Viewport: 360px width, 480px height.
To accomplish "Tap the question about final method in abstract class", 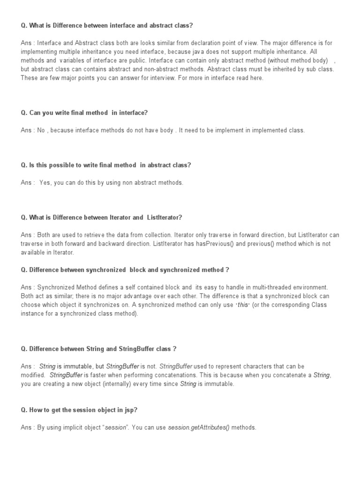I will pos(106,165).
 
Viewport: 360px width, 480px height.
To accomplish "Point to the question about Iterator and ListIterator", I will pos(101,217).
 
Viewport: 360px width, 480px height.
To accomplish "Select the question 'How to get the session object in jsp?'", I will pos(79,410).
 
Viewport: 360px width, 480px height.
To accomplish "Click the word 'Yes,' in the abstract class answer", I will pos(45,183).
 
